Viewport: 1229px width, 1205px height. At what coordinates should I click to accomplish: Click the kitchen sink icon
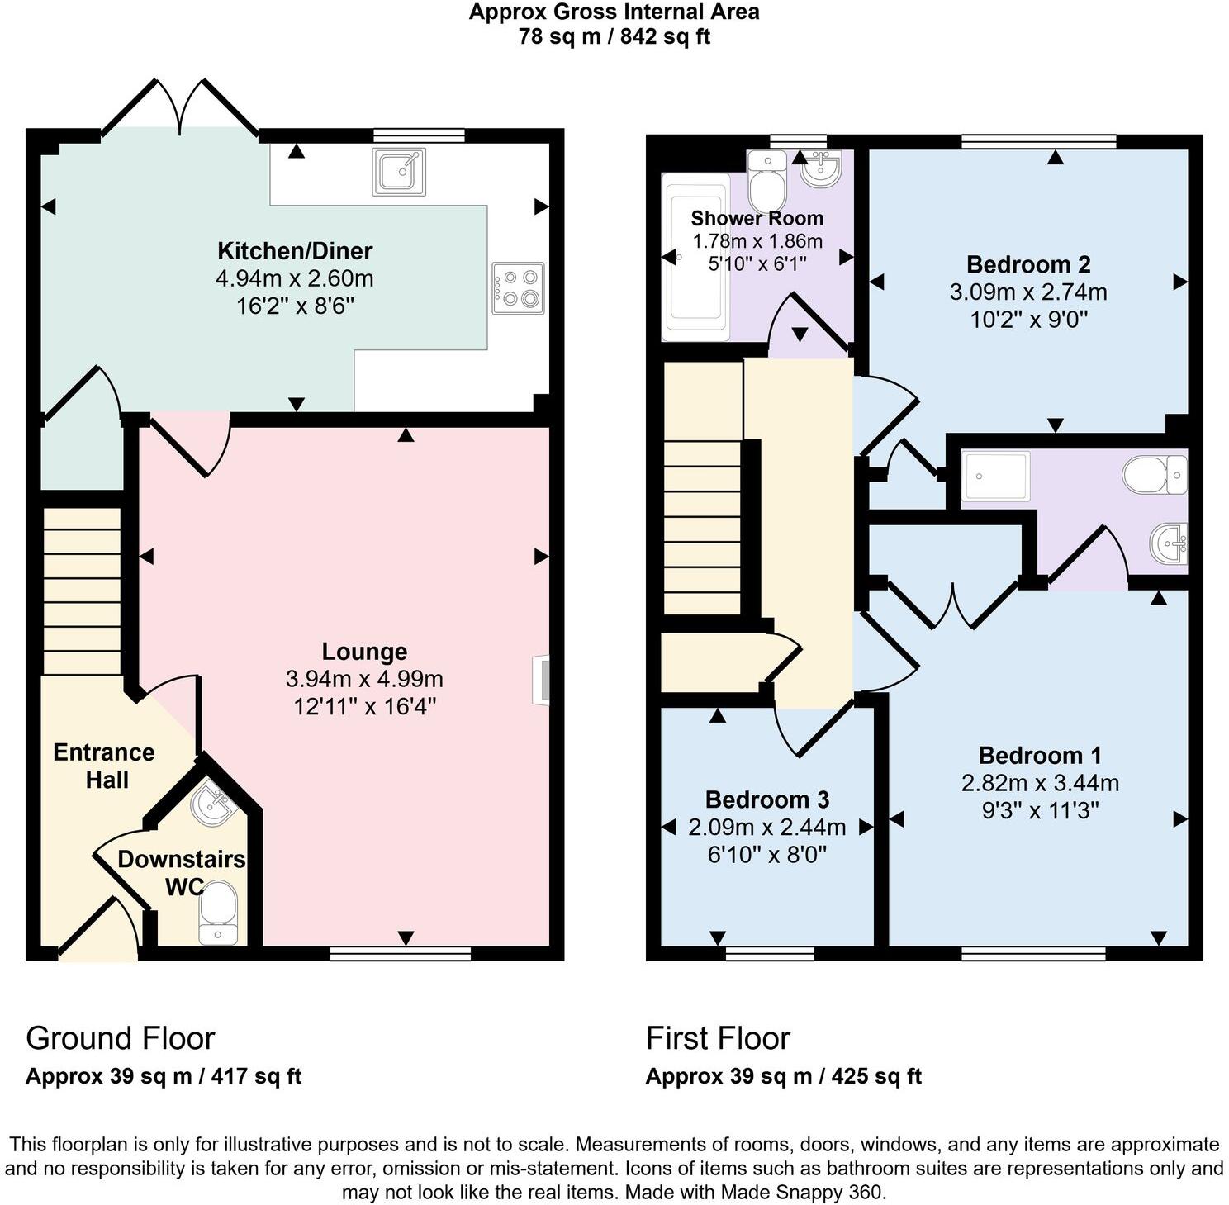[x=400, y=172]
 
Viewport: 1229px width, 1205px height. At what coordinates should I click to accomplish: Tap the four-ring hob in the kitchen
[x=518, y=287]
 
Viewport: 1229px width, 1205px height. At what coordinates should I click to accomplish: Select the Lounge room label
[x=364, y=652]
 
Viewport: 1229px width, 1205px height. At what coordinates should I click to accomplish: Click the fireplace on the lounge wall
[x=542, y=680]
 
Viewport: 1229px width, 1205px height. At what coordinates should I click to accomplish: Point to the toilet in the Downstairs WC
[x=218, y=911]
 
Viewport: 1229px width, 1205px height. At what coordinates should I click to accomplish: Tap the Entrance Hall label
[x=104, y=766]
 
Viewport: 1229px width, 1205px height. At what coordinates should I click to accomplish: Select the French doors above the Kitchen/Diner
[x=179, y=107]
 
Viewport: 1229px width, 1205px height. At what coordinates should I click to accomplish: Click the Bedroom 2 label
[x=1028, y=264]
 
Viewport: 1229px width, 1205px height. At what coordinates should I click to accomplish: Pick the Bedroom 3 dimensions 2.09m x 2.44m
[x=766, y=827]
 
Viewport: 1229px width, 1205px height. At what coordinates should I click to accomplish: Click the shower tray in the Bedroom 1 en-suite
[x=996, y=477]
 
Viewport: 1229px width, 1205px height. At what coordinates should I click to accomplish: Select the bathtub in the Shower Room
[x=696, y=257]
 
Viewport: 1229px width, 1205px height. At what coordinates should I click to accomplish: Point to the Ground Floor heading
[x=121, y=1038]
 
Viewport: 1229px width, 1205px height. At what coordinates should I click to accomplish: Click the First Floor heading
[x=718, y=1038]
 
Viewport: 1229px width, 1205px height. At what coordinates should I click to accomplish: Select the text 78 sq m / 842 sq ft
[x=614, y=36]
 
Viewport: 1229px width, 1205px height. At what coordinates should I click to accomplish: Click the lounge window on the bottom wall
[x=401, y=954]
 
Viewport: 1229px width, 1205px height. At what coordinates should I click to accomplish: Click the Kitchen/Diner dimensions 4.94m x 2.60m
[x=295, y=278]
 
